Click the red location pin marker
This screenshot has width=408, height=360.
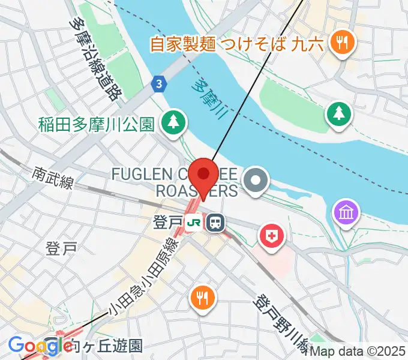tap(204, 176)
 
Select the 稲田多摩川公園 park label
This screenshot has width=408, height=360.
tap(97, 124)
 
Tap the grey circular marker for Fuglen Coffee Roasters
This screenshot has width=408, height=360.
tap(256, 180)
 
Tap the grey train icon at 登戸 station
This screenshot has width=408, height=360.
tap(214, 223)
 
